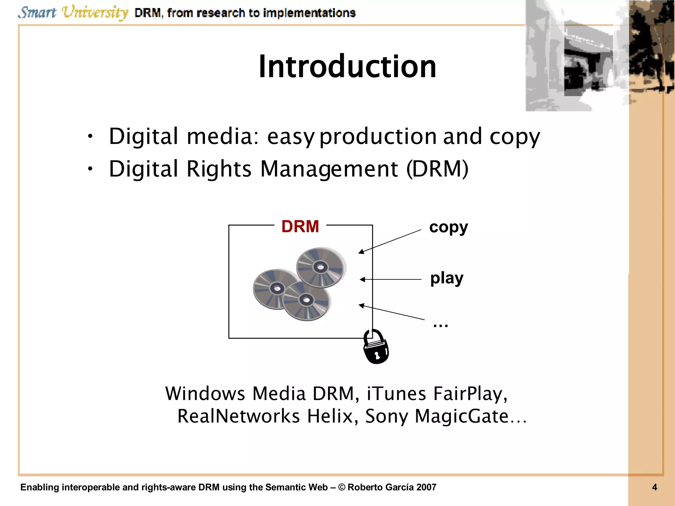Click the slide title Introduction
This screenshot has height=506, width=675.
pos(347,67)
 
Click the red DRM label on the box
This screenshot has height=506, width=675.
pos(300,227)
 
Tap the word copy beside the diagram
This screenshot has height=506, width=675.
pos(448,227)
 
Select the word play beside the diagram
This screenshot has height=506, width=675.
pos(447,278)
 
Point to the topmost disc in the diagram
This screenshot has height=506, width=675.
pos(320,267)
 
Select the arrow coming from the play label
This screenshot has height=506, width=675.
pos(390,279)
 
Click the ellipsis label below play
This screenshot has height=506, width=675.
pos(440,325)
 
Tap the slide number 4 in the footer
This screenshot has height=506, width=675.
pos(655,487)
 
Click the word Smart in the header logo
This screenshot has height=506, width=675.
pos(37,13)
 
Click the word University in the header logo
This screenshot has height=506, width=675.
pos(95,13)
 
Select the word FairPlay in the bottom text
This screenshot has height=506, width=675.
pos(470,394)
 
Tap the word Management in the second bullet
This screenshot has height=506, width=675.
pos(329,169)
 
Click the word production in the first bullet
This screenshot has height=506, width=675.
pos(378,136)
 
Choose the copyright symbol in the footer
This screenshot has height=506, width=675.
pos(342,487)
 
